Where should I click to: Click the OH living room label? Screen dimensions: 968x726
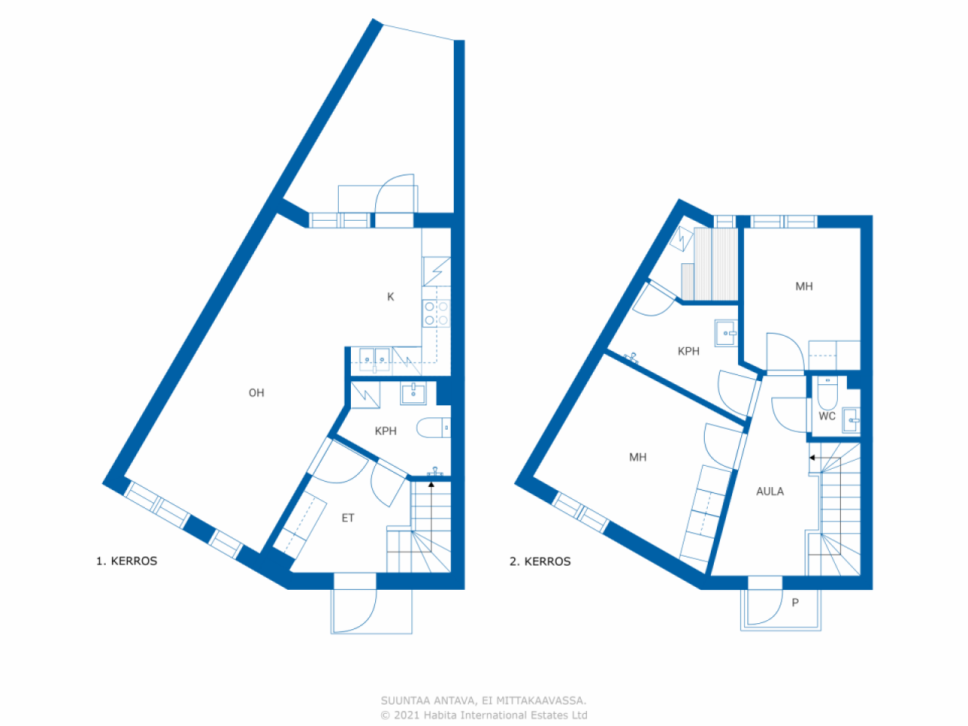point(256,392)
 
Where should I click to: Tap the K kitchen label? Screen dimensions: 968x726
point(390,297)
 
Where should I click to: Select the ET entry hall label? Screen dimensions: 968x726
point(348,518)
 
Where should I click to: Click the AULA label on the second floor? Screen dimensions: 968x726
point(770,492)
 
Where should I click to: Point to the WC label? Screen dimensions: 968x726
point(827,416)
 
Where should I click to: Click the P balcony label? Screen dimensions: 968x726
point(795,603)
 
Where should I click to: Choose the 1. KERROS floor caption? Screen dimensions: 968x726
point(126,561)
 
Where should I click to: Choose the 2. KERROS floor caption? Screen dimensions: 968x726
point(540,562)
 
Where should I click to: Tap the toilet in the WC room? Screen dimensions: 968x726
point(827,392)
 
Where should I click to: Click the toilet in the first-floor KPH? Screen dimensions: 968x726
point(433,427)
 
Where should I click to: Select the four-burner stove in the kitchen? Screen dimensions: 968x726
point(436,313)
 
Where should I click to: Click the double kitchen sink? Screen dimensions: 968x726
point(375,360)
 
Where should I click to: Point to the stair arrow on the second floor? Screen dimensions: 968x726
point(825,458)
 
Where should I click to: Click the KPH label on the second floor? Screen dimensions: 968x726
point(688,352)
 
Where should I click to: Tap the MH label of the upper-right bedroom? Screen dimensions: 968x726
point(804,287)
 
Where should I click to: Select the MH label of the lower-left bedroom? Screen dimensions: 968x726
point(638,458)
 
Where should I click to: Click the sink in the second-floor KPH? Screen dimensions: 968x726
point(726,333)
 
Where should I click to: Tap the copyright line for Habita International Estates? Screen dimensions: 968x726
point(484,715)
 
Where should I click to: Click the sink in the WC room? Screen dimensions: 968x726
point(851,420)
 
